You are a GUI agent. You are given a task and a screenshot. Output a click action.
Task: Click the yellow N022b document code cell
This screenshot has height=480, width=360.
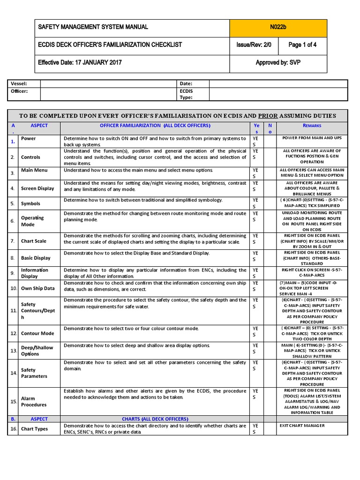pyautogui.click(x=278, y=28)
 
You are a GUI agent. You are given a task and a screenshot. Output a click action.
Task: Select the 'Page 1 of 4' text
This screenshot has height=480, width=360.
pyautogui.click(x=302, y=45)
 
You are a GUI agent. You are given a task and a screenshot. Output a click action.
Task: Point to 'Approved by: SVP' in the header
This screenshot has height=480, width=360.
pyautogui.click(x=278, y=63)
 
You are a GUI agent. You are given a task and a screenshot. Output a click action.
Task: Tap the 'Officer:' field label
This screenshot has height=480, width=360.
pyautogui.click(x=20, y=91)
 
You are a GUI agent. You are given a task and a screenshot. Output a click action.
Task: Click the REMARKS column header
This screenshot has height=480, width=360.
pyautogui.click(x=312, y=126)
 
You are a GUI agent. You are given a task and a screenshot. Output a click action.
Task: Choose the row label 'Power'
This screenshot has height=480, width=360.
pyautogui.click(x=28, y=139)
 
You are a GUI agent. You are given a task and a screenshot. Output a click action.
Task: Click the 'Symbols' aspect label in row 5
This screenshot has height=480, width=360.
pyautogui.click(x=30, y=203)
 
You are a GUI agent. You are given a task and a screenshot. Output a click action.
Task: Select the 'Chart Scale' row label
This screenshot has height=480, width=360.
pyautogui.click(x=34, y=241)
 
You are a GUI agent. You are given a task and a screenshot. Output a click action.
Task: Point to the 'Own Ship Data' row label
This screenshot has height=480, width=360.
pyautogui.click(x=37, y=288)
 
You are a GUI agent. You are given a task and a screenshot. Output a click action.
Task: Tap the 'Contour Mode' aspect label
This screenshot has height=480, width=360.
pyautogui.click(x=37, y=333)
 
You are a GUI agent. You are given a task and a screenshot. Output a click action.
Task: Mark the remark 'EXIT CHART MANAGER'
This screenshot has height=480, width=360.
pyautogui.click(x=302, y=426)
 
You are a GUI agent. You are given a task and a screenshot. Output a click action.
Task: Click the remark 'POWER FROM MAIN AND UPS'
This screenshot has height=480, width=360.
pyautogui.click(x=312, y=138)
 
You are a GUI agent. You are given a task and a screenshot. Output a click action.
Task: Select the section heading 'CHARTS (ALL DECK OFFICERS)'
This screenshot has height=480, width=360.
pyautogui.click(x=155, y=419)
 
